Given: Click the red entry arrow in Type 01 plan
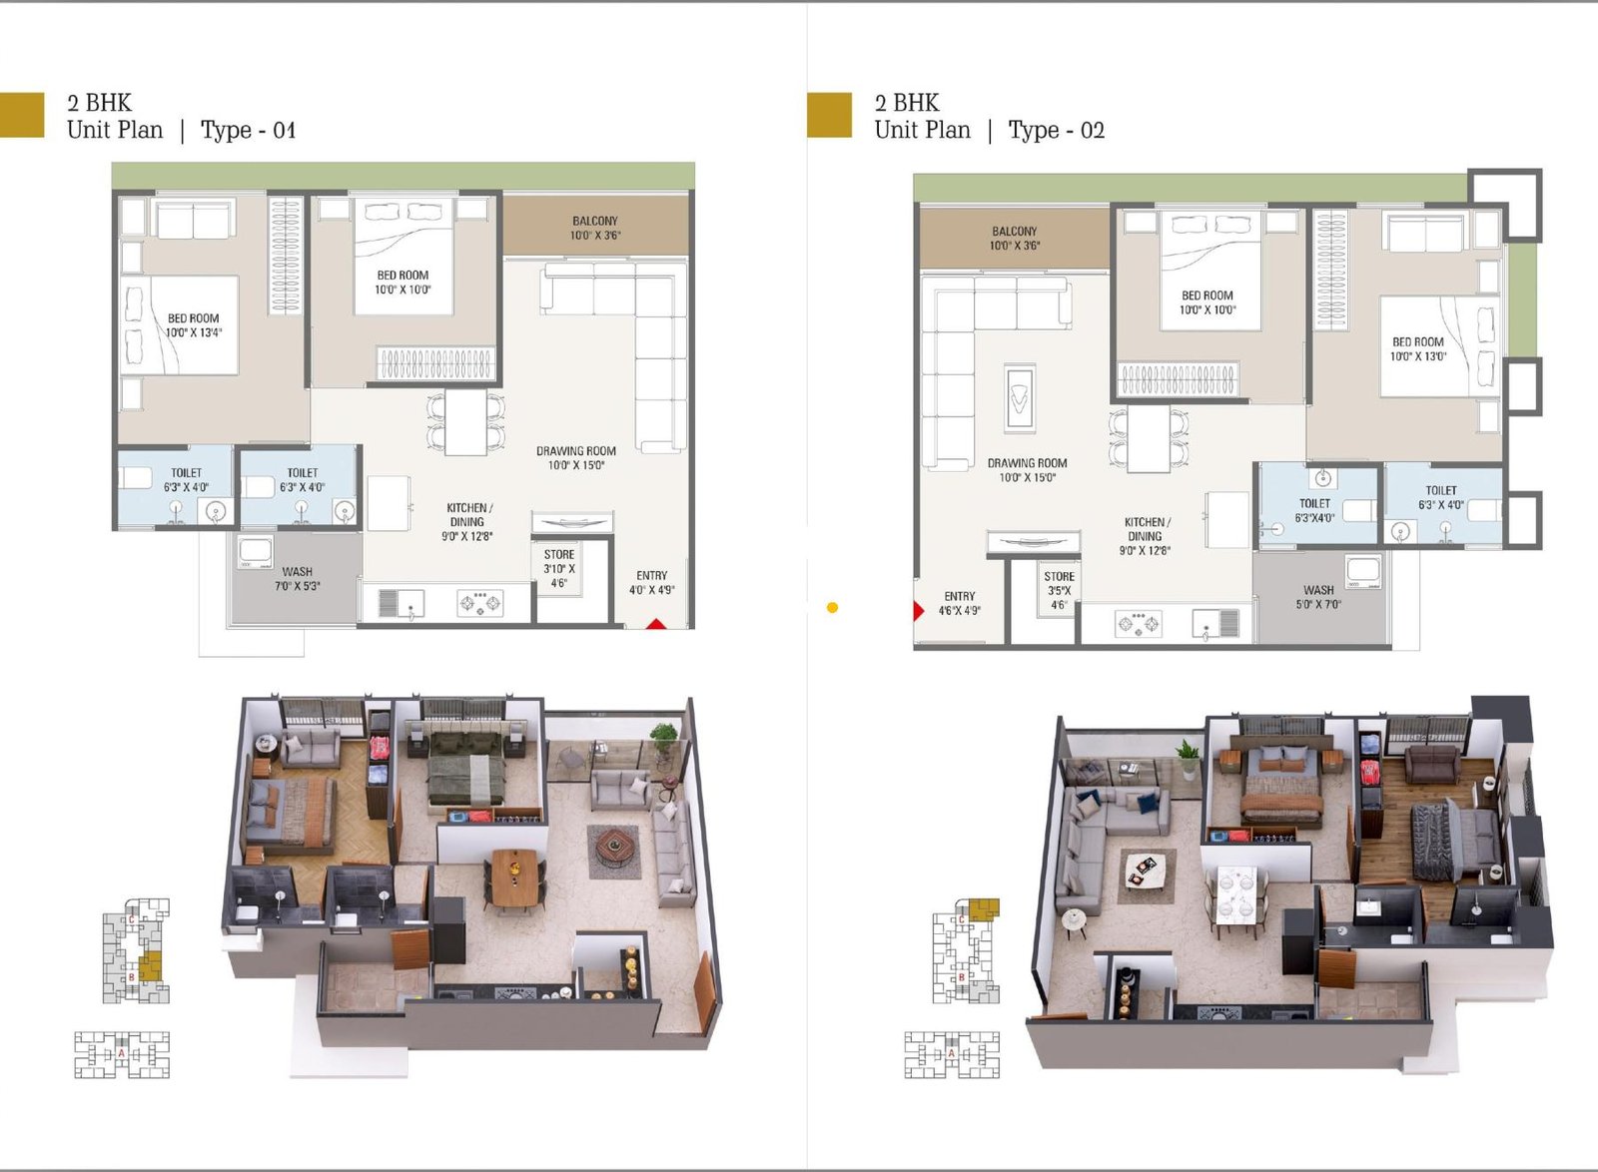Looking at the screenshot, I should [x=655, y=624].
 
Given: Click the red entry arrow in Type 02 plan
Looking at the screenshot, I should [x=919, y=610].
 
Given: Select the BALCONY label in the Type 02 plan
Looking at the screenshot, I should [x=1014, y=238].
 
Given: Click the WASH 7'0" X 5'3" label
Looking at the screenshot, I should [x=297, y=579].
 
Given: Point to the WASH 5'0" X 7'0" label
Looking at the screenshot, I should [x=1318, y=597].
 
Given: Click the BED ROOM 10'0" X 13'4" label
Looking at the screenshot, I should [x=194, y=325].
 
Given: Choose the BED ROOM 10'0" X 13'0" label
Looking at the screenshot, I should [x=1417, y=348].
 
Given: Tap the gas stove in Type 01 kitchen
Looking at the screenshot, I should [x=480, y=602].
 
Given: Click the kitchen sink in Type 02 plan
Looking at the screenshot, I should [x=1209, y=624].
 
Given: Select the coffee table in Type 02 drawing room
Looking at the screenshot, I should [x=1019, y=398].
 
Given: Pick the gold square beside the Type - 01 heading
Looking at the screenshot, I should [x=22, y=115].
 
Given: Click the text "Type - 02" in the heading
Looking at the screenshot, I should [x=1056, y=130].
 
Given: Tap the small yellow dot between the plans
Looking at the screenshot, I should [x=832, y=607].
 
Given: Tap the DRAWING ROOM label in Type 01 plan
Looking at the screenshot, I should [x=575, y=457].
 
